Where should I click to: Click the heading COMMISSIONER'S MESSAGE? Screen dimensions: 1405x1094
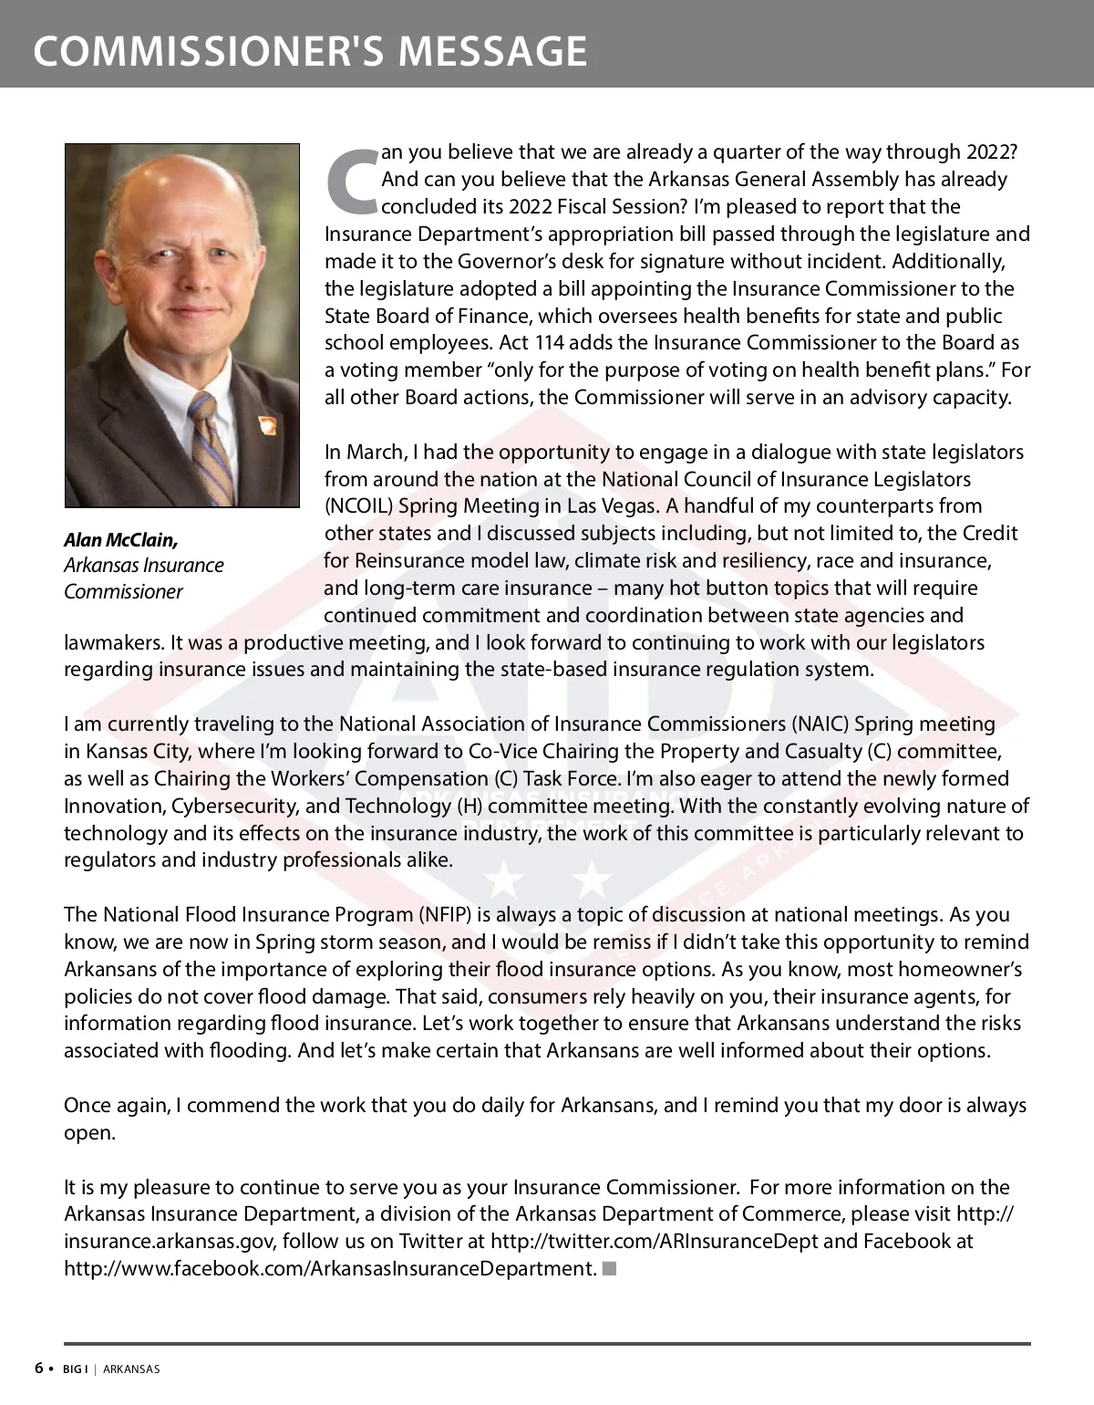310,51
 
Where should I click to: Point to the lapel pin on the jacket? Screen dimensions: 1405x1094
266,425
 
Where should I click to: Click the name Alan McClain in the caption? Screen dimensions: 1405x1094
120,540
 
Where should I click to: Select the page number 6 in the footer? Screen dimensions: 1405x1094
39,1368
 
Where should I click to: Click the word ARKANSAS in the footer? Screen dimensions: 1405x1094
131,1369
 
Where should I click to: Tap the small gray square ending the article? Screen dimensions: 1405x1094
610,1268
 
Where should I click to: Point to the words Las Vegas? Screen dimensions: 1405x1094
623,506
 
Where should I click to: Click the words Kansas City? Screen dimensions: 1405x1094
138,752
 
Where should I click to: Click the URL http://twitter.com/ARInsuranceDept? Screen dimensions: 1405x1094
654,1242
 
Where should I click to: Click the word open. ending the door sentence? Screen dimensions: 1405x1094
89,1133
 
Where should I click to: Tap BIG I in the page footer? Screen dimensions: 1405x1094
75,1369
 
